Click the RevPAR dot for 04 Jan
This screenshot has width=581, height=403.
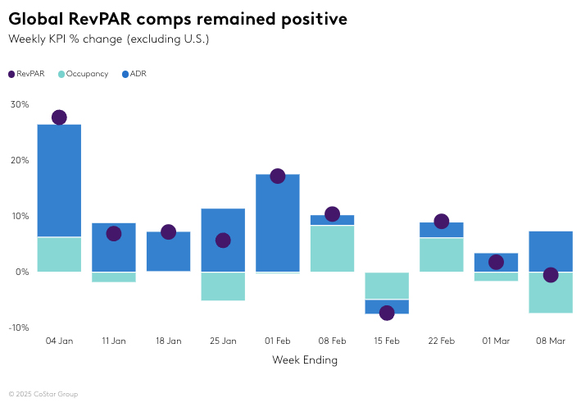coord(59,117)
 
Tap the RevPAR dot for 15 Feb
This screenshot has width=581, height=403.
coord(387,313)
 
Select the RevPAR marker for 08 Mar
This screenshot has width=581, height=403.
coord(551,275)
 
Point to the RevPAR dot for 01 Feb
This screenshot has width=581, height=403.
coord(278,176)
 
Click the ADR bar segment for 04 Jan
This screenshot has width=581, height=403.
coord(59,181)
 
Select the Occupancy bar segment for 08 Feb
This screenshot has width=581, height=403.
coord(332,248)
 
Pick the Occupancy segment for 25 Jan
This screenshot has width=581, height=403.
coord(223,286)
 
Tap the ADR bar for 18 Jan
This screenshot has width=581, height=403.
coord(168,251)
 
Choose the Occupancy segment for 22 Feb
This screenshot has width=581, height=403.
coord(442,254)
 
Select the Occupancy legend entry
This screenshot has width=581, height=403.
coord(84,74)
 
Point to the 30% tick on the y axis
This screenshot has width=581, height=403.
coord(20,104)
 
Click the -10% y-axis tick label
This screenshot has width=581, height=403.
coord(19,327)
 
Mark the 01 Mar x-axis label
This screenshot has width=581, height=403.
coord(496,341)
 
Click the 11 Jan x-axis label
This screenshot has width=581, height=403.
coord(114,341)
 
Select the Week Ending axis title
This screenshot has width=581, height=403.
coord(305,359)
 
